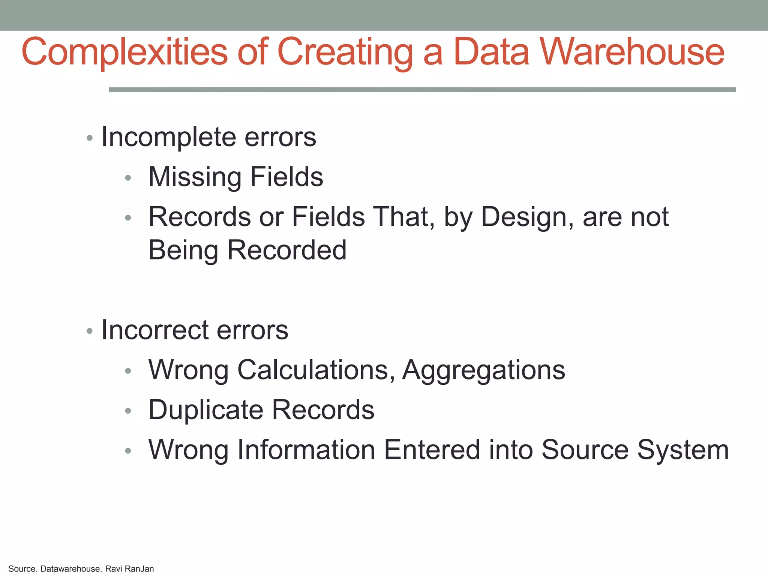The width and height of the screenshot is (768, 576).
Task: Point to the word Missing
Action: click(x=195, y=177)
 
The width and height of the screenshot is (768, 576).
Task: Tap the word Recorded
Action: click(x=287, y=250)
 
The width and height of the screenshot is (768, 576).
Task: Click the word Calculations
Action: click(x=316, y=370)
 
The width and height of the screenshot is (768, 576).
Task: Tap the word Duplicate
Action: click(x=205, y=410)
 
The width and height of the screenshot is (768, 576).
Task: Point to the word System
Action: click(x=683, y=450)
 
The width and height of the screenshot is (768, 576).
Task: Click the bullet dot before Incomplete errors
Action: click(x=89, y=138)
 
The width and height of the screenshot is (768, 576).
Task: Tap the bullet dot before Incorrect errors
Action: click(x=89, y=331)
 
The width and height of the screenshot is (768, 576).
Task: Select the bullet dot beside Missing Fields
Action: click(x=128, y=178)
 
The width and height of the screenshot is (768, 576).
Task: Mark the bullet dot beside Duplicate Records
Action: click(x=128, y=411)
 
